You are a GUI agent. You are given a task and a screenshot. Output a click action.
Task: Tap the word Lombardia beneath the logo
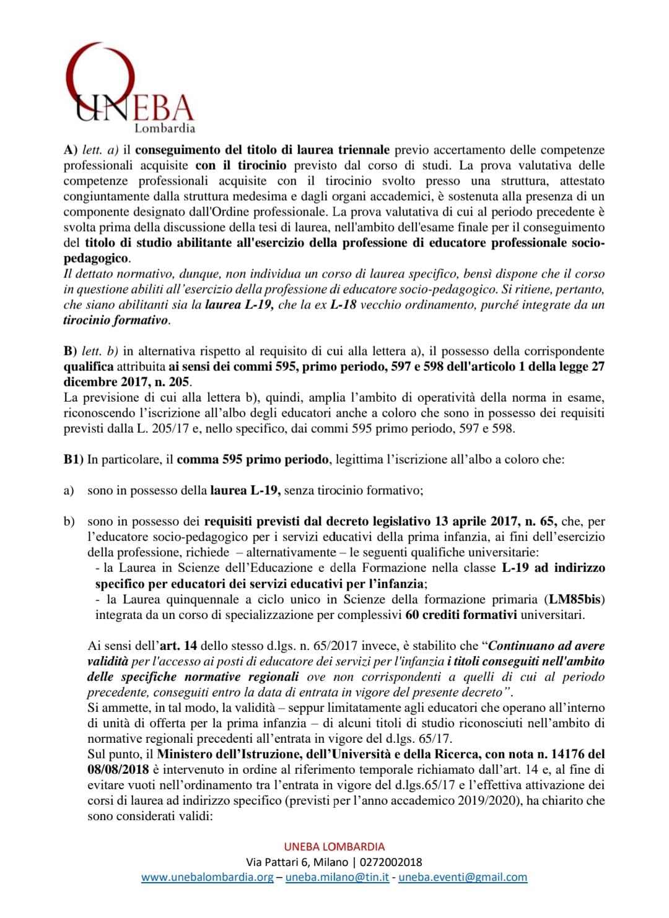pyautogui.click(x=165, y=128)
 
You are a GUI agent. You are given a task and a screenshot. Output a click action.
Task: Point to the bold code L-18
pyautogui.click(x=343, y=305)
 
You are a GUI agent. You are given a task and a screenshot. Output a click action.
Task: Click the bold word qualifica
pyautogui.click(x=89, y=366)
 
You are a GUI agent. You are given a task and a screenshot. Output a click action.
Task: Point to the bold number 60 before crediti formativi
pyautogui.click(x=412, y=615)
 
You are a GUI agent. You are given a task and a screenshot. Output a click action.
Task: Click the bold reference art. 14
pyautogui.click(x=178, y=646)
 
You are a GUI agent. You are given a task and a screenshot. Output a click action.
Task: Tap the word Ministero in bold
pyautogui.click(x=186, y=754)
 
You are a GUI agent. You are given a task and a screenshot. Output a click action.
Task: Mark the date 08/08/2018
pyautogui.click(x=118, y=769)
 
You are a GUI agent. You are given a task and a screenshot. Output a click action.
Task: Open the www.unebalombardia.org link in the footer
pyautogui.click(x=208, y=877)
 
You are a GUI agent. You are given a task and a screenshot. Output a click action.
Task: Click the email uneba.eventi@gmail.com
pyautogui.click(x=463, y=877)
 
